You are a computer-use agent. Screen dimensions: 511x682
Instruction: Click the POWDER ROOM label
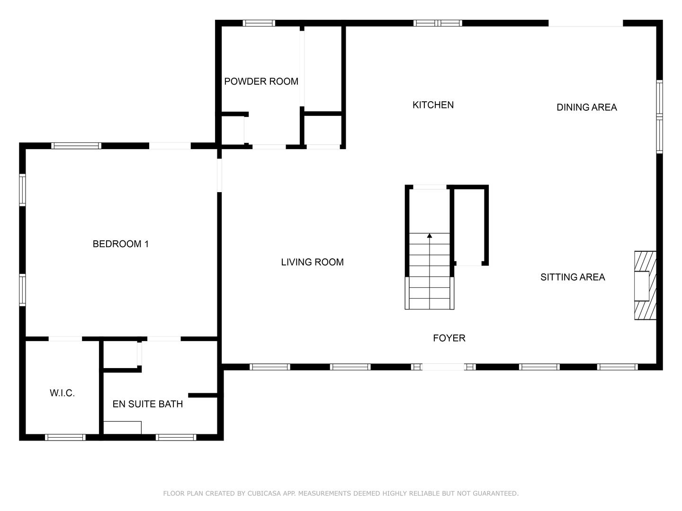pyautogui.click(x=261, y=81)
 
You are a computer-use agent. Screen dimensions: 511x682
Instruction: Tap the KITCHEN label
pyautogui.click(x=433, y=105)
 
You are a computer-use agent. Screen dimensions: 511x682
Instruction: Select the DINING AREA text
pyautogui.click(x=586, y=107)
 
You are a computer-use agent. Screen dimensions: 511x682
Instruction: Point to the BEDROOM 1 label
pyautogui.click(x=120, y=244)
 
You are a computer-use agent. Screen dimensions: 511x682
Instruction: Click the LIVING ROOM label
pyautogui.click(x=312, y=262)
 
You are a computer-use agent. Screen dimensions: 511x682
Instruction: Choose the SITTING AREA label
pyautogui.click(x=572, y=277)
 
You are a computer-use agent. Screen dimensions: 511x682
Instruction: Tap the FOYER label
pyautogui.click(x=449, y=338)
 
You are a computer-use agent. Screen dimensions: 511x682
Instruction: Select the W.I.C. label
pyautogui.click(x=62, y=393)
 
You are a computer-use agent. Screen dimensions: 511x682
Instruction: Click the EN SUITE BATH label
pyautogui.click(x=147, y=404)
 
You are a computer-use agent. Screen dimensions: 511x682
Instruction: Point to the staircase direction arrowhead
pyautogui.click(x=430, y=235)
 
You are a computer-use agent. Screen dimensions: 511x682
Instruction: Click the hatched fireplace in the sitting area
pyautogui.click(x=645, y=285)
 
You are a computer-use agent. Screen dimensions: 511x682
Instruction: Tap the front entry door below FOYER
pyautogui.click(x=443, y=367)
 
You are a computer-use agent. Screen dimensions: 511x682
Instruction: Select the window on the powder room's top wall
pyautogui.click(x=259, y=23)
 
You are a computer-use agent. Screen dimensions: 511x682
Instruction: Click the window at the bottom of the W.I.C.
pyautogui.click(x=65, y=437)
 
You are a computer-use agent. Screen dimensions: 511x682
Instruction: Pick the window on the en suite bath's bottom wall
pyautogui.click(x=176, y=437)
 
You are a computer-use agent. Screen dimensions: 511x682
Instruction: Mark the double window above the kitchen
pyautogui.click(x=438, y=23)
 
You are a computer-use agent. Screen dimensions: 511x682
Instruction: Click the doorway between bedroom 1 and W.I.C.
pyautogui.click(x=65, y=339)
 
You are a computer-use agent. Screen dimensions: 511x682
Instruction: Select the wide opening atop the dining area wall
pyautogui.click(x=585, y=23)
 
